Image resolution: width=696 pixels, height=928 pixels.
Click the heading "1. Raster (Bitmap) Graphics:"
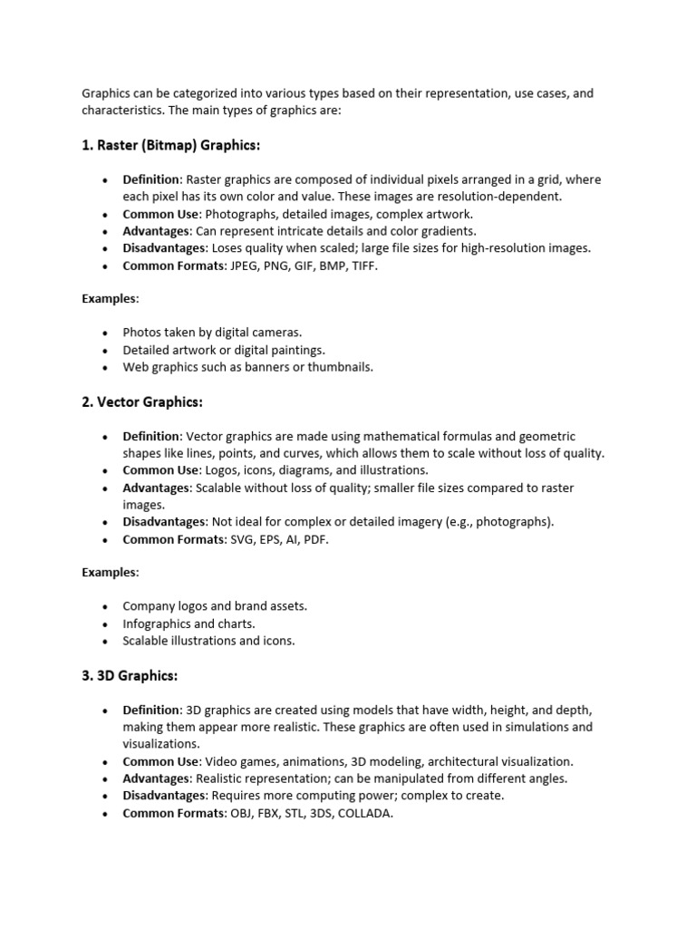pos(171,145)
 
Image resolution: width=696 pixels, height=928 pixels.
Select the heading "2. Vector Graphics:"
pos(142,401)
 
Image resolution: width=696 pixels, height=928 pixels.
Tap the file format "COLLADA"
pos(365,813)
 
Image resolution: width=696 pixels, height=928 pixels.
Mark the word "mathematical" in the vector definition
pos(407,437)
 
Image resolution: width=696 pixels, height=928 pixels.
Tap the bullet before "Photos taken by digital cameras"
pos(106,333)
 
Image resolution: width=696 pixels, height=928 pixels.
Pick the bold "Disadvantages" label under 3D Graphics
pos(164,796)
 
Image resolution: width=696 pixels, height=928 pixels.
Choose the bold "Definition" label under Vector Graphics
pos(151,437)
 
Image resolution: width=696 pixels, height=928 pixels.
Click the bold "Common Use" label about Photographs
pos(160,214)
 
